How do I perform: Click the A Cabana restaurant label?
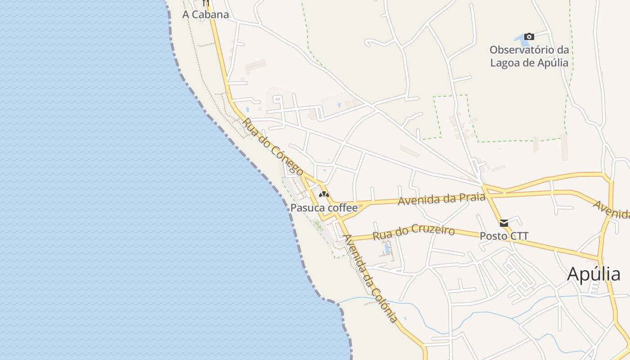coord(205,14)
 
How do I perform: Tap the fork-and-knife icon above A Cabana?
coord(206,3)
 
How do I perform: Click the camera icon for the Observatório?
coord(529,36)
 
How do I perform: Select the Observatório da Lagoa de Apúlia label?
coord(529,56)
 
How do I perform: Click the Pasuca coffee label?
coord(324,208)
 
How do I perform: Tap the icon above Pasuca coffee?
coord(324,194)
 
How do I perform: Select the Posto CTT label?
coord(504,236)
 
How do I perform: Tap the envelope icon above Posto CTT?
coord(504,223)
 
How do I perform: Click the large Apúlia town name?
coord(594,274)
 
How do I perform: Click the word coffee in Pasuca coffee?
coord(342,208)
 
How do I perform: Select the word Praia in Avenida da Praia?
coord(471,197)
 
